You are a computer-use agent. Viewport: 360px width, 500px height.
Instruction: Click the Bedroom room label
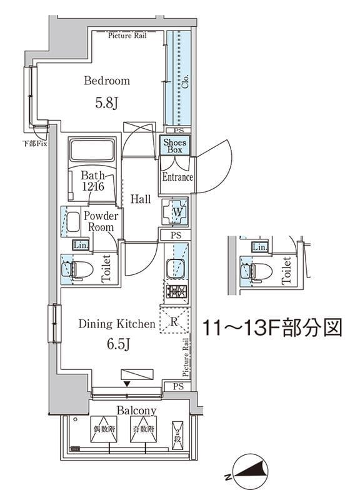pyautogui.click(x=107, y=81)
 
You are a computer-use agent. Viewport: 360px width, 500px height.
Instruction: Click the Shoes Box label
pyautogui.click(x=175, y=146)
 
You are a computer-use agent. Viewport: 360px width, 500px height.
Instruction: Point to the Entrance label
pyautogui.click(x=177, y=177)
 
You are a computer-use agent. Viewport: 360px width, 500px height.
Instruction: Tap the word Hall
pyautogui.click(x=141, y=199)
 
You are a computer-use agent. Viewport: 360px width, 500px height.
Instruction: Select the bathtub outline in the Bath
pyautogui.click(x=93, y=152)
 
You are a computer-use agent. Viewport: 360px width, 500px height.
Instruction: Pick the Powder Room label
pyautogui.click(x=100, y=221)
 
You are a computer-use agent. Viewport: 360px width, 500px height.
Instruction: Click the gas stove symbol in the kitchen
pyautogui.click(x=176, y=292)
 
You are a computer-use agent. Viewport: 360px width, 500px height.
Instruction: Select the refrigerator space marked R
pyautogui.click(x=174, y=322)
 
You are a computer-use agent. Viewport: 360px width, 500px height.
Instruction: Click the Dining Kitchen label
pyautogui.click(x=116, y=324)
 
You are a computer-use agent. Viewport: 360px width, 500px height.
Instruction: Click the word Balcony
pyautogui.click(x=136, y=411)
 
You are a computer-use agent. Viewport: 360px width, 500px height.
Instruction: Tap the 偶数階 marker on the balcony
pyautogui.click(x=104, y=430)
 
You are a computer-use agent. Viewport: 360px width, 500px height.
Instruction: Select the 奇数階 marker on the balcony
pyautogui.click(x=142, y=430)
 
